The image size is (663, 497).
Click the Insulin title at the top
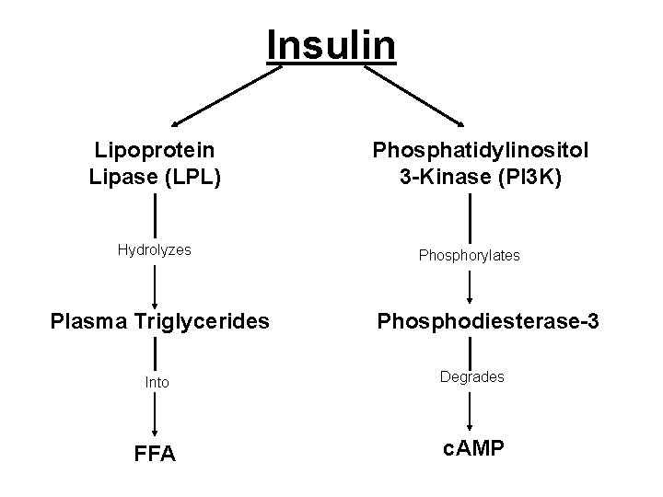coord(331,43)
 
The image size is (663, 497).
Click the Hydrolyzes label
coord(155,248)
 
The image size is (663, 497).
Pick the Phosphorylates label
coord(471,255)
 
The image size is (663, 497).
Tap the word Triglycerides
coord(198,323)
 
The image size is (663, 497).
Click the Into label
coord(157,381)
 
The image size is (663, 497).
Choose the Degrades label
coord(471,376)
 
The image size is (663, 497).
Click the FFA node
coord(156,455)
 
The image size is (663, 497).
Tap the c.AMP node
coord(471,450)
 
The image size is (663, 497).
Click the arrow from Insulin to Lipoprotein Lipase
coord(226,95)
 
